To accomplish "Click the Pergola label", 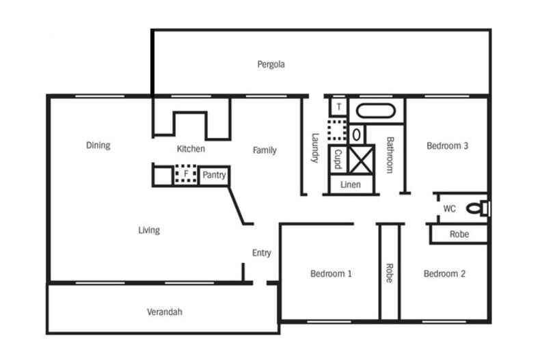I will tap(271, 65).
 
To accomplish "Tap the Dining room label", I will tap(98, 146).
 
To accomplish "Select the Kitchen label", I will tap(191, 149).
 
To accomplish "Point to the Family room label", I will tap(265, 150).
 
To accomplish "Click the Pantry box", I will tap(213, 176).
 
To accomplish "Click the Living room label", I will tap(149, 230).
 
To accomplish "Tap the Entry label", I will tap(261, 253).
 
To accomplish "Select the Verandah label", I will tap(165, 312).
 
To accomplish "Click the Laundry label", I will tap(315, 148).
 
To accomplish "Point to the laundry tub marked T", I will tap(338, 107).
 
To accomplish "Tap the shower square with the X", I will tap(362, 158).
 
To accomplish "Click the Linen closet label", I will tap(350, 185).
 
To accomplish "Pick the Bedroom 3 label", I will tap(447, 146).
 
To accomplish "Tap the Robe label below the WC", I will tap(459, 234).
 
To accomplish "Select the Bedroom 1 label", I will tap(331, 274).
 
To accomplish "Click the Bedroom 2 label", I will tap(444, 274).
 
